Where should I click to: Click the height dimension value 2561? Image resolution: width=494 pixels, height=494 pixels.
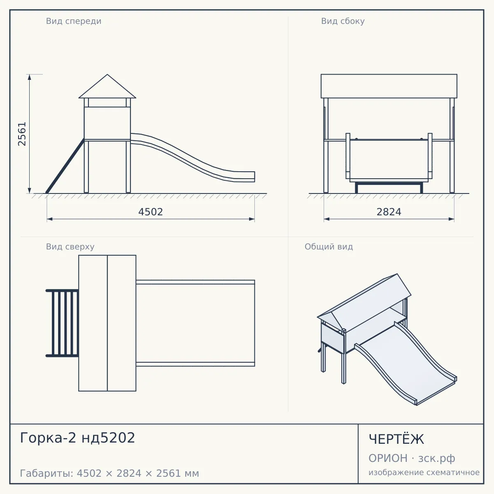coord(22,134)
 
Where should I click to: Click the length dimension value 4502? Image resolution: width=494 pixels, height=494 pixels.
coord(151,212)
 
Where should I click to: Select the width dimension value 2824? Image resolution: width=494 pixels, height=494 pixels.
coord(389,212)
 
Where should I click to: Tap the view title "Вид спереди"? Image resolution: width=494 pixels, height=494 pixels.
coord(74,21)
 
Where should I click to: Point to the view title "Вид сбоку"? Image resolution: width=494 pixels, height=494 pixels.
coord(343,21)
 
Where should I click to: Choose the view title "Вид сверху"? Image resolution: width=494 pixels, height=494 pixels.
coord(70,247)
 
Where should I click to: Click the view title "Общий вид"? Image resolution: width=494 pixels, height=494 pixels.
coord(329,247)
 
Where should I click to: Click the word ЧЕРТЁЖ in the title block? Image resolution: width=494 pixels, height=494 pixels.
coord(396,439)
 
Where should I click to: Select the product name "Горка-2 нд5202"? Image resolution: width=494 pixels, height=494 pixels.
coord(77,438)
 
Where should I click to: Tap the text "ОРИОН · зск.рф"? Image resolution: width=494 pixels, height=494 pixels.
coord(412,458)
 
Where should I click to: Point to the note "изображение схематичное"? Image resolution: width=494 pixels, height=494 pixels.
coord(424,472)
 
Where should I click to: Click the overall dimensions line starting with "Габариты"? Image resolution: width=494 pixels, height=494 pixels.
coord(110,473)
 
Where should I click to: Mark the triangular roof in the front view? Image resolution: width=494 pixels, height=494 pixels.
coord(107,86)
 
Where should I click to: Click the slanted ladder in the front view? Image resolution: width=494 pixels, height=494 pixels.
coord(65,166)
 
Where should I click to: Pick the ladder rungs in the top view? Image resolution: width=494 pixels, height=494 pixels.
coord(62,323)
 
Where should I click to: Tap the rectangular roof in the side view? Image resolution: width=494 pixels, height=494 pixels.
coord(389,86)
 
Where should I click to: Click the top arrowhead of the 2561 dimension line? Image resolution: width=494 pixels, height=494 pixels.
coord(30,77)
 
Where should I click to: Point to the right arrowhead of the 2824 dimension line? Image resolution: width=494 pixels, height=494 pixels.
coord(451,219)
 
